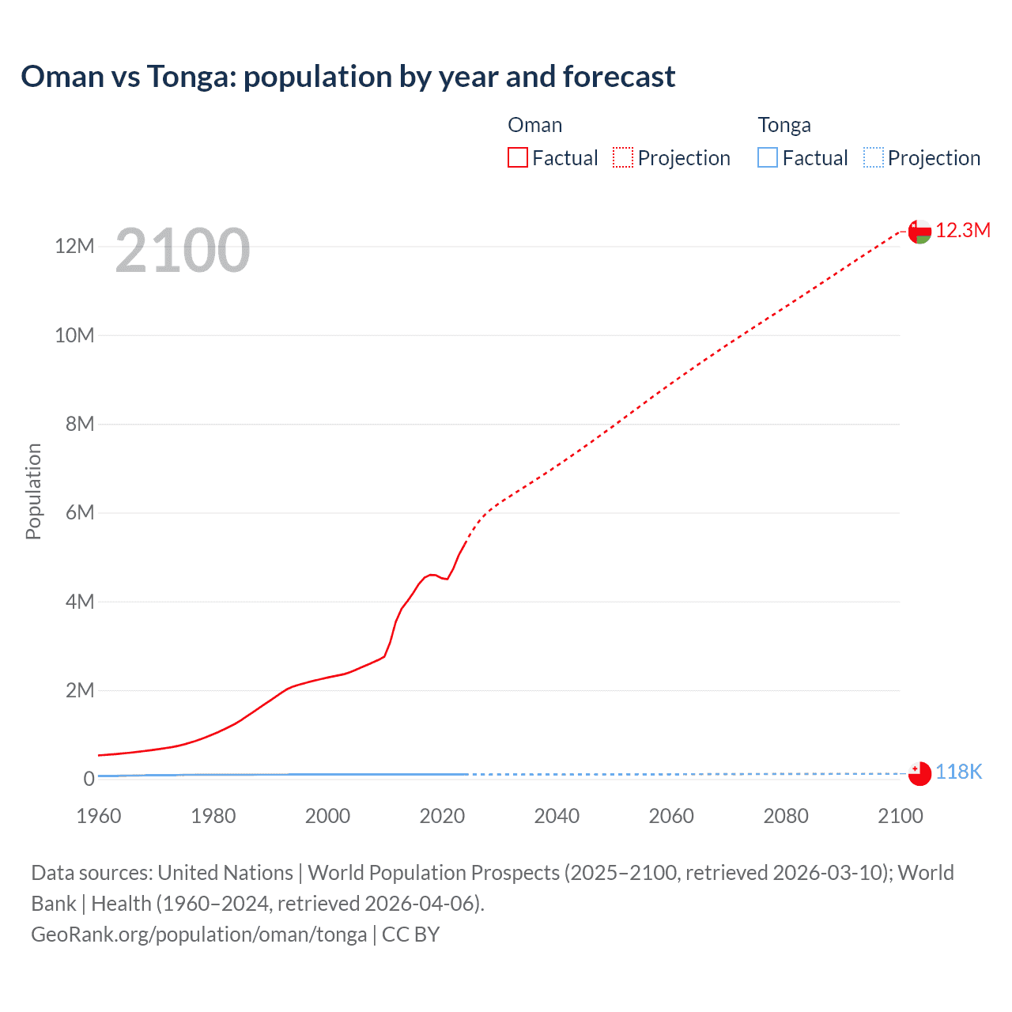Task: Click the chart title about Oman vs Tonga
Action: click(348, 77)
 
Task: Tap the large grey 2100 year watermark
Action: click(183, 251)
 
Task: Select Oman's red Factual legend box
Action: click(517, 157)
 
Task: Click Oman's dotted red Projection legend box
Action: click(623, 157)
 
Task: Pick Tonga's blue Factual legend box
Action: click(768, 157)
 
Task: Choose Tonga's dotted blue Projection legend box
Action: click(873, 157)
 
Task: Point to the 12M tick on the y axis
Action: click(74, 246)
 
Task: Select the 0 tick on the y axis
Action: click(89, 779)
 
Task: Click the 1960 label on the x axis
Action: click(99, 816)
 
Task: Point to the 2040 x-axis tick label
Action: click(557, 816)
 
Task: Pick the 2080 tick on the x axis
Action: click(786, 816)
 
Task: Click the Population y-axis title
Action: click(33, 491)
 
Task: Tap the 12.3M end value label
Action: click(962, 230)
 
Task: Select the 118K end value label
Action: click(958, 772)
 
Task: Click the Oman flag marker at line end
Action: click(919, 232)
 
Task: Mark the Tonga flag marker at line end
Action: click(919, 773)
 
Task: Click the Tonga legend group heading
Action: click(784, 125)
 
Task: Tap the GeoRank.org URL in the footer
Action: click(198, 935)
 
